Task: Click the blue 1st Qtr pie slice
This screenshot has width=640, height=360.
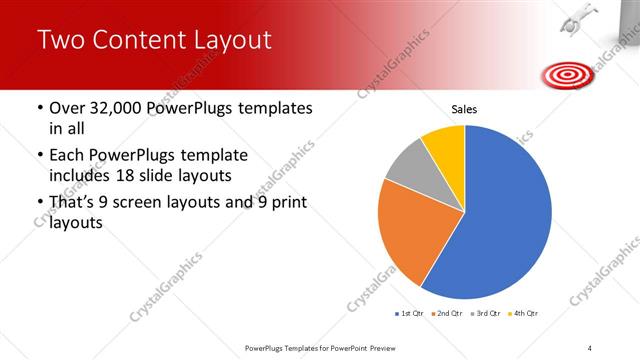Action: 505,215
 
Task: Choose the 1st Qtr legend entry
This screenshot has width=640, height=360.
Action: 410,314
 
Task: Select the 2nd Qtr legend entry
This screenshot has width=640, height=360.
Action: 446,314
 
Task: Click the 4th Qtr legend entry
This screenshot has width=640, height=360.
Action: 522,314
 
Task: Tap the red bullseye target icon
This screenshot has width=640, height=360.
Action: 564,73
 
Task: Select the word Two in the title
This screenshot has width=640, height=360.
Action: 58,40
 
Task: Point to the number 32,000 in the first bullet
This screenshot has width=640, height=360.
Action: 117,108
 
